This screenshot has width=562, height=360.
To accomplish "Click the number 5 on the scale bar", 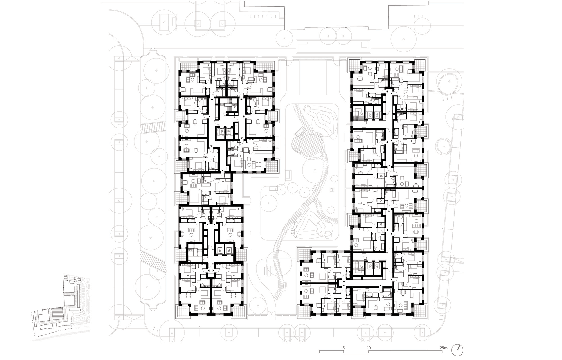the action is point(344,348).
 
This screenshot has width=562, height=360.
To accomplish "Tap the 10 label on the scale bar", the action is point(369,348).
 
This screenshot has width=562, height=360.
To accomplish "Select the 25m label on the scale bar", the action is point(444,348).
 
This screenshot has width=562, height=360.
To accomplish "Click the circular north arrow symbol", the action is point(457,350).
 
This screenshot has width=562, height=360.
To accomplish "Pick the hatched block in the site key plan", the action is point(58,314).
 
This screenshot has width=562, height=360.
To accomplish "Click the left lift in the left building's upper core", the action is point(221,131).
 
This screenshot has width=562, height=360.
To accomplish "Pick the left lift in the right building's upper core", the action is point(370,115).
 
